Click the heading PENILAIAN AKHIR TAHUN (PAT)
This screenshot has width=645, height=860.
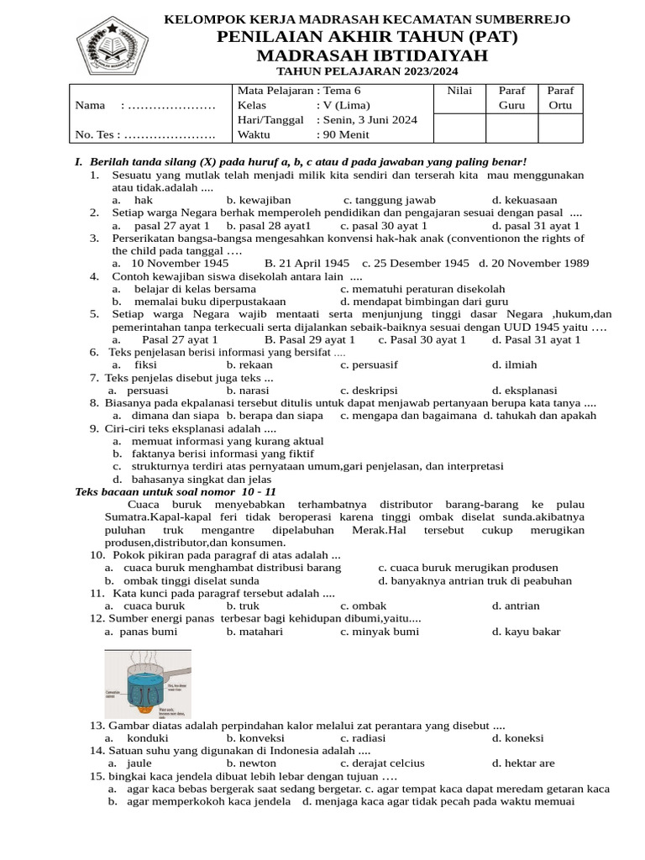(367, 37)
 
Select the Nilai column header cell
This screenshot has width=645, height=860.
(459, 91)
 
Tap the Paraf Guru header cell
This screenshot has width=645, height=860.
(511, 97)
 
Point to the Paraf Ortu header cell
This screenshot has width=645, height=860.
(559, 97)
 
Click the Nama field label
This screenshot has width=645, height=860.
(91, 105)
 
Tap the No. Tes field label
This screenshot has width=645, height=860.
(97, 134)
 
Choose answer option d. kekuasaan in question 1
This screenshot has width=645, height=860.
(524, 200)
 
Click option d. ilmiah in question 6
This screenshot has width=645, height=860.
(514, 364)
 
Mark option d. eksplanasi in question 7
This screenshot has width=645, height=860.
(524, 391)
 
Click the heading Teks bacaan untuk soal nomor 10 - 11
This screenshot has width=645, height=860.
(176, 491)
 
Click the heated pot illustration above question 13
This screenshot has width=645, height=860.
(148, 683)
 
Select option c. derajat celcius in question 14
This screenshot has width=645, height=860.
(382, 763)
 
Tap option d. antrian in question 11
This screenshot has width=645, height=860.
(516, 606)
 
